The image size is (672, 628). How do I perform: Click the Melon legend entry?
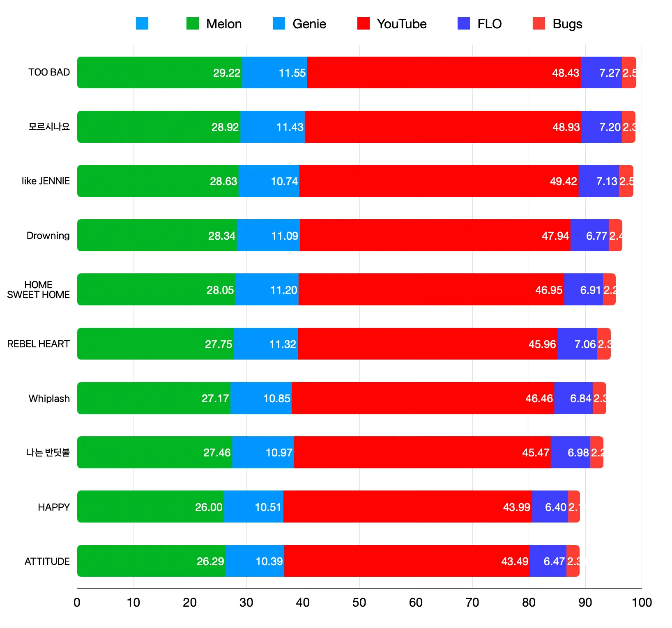214,24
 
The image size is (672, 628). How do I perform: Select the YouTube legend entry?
392,24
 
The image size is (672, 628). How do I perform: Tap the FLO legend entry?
479,24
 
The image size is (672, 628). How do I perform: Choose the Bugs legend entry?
557,24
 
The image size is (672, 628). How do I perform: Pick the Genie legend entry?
299,24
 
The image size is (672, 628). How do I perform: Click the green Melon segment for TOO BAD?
159,73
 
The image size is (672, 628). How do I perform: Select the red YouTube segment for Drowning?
435,235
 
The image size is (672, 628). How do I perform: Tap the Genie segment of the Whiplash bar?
261,398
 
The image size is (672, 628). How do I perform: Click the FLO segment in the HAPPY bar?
550,507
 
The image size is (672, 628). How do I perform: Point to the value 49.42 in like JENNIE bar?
563,181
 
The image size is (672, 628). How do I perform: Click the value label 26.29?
210,561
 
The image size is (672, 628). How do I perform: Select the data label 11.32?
282,344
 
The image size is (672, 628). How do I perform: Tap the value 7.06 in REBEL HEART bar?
585,344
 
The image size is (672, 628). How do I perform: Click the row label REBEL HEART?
39,344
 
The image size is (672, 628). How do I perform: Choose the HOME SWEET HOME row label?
39,290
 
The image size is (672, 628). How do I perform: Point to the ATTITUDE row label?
47,561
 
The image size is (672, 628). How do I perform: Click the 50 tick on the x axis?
359,603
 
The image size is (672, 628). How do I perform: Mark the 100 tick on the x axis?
642,603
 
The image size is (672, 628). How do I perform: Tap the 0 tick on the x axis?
77,603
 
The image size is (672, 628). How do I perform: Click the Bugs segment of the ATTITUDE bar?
573,561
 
